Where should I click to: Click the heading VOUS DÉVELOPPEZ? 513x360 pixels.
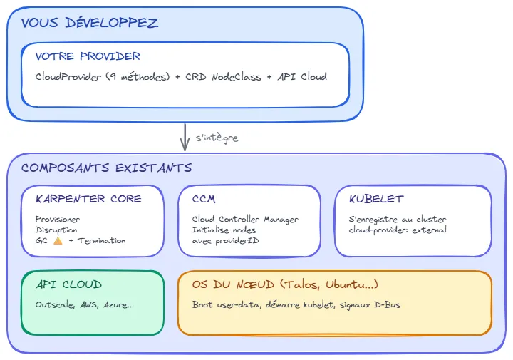click(x=90, y=24)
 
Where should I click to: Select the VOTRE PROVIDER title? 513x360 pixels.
click(x=88, y=56)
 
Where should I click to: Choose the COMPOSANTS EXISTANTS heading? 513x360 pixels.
click(x=106, y=168)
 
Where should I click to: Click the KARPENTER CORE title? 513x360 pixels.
click(x=88, y=199)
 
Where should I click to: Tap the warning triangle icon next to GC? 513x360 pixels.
click(x=57, y=241)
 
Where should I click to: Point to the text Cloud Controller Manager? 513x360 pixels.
click(x=245, y=219)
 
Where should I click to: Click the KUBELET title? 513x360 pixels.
click(x=376, y=199)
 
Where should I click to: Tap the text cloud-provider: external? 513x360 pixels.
click(x=398, y=230)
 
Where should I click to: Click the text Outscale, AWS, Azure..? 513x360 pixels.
click(x=84, y=304)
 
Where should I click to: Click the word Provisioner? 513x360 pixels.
click(x=58, y=219)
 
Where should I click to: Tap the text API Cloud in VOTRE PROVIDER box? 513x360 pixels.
click(x=302, y=76)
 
